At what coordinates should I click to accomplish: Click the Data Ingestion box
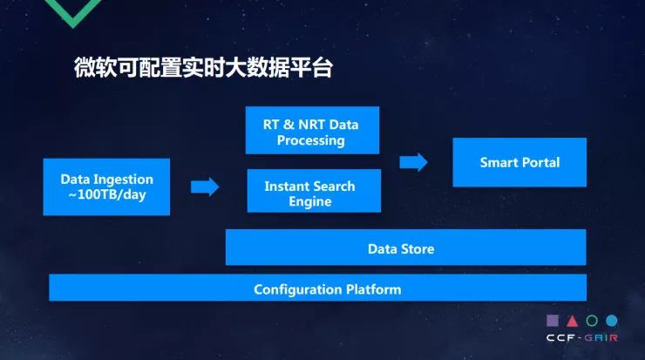tap(105, 187)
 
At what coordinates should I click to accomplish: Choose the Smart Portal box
tap(519, 162)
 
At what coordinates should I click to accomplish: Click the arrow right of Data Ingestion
tap(205, 187)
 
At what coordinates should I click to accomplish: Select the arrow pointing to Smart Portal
tap(413, 162)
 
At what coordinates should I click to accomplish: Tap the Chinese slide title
tap(203, 70)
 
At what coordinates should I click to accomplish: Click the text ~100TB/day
tap(106, 194)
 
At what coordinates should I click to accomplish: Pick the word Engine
tap(310, 201)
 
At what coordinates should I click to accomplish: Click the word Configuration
tap(297, 289)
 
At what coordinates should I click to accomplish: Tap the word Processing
tap(311, 140)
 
